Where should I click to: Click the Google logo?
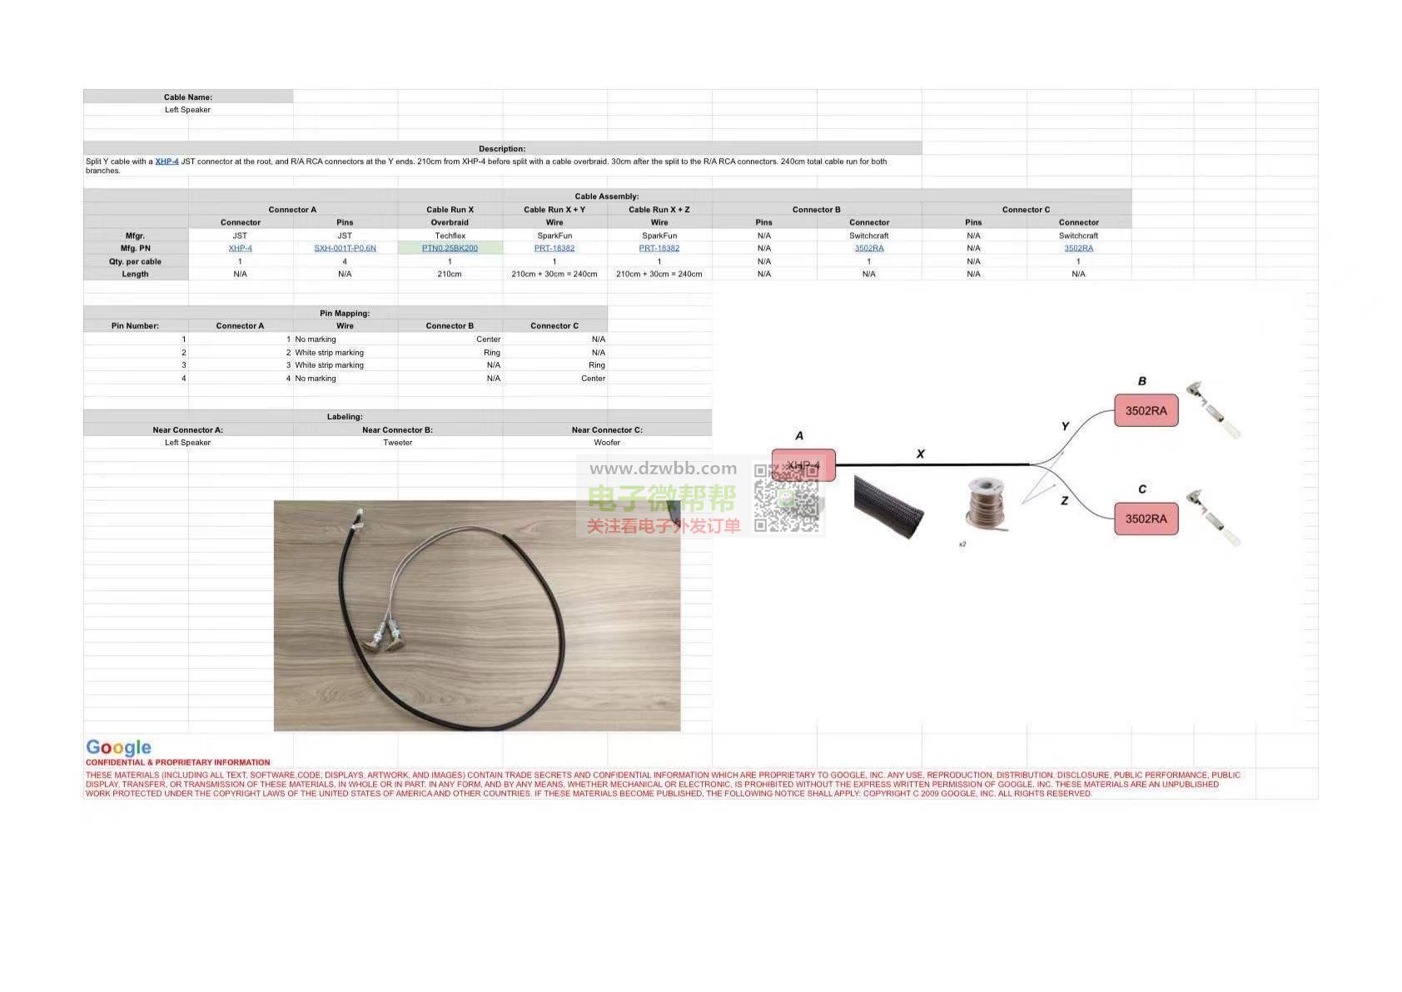click(x=118, y=747)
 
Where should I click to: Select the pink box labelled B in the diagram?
click(x=1146, y=410)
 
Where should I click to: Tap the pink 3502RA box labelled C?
click(x=1146, y=518)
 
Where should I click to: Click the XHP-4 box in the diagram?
click(x=803, y=465)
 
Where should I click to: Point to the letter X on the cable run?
click(x=920, y=454)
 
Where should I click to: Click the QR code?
click(x=786, y=498)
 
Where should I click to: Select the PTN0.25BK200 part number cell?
click(x=450, y=248)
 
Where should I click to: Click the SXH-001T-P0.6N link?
click(x=345, y=248)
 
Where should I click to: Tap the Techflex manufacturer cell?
click(x=450, y=236)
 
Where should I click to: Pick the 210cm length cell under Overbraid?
click(x=450, y=274)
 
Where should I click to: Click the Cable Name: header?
click(x=188, y=97)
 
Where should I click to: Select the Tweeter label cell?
click(x=398, y=443)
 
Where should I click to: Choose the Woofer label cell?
click(x=607, y=443)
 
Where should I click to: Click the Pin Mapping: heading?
click(x=345, y=313)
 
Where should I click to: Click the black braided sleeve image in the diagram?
click(x=888, y=506)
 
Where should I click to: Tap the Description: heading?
click(x=502, y=149)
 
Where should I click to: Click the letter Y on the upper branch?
click(x=1065, y=426)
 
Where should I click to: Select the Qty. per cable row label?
click(x=135, y=261)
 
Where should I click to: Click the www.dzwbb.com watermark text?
click(x=663, y=469)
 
